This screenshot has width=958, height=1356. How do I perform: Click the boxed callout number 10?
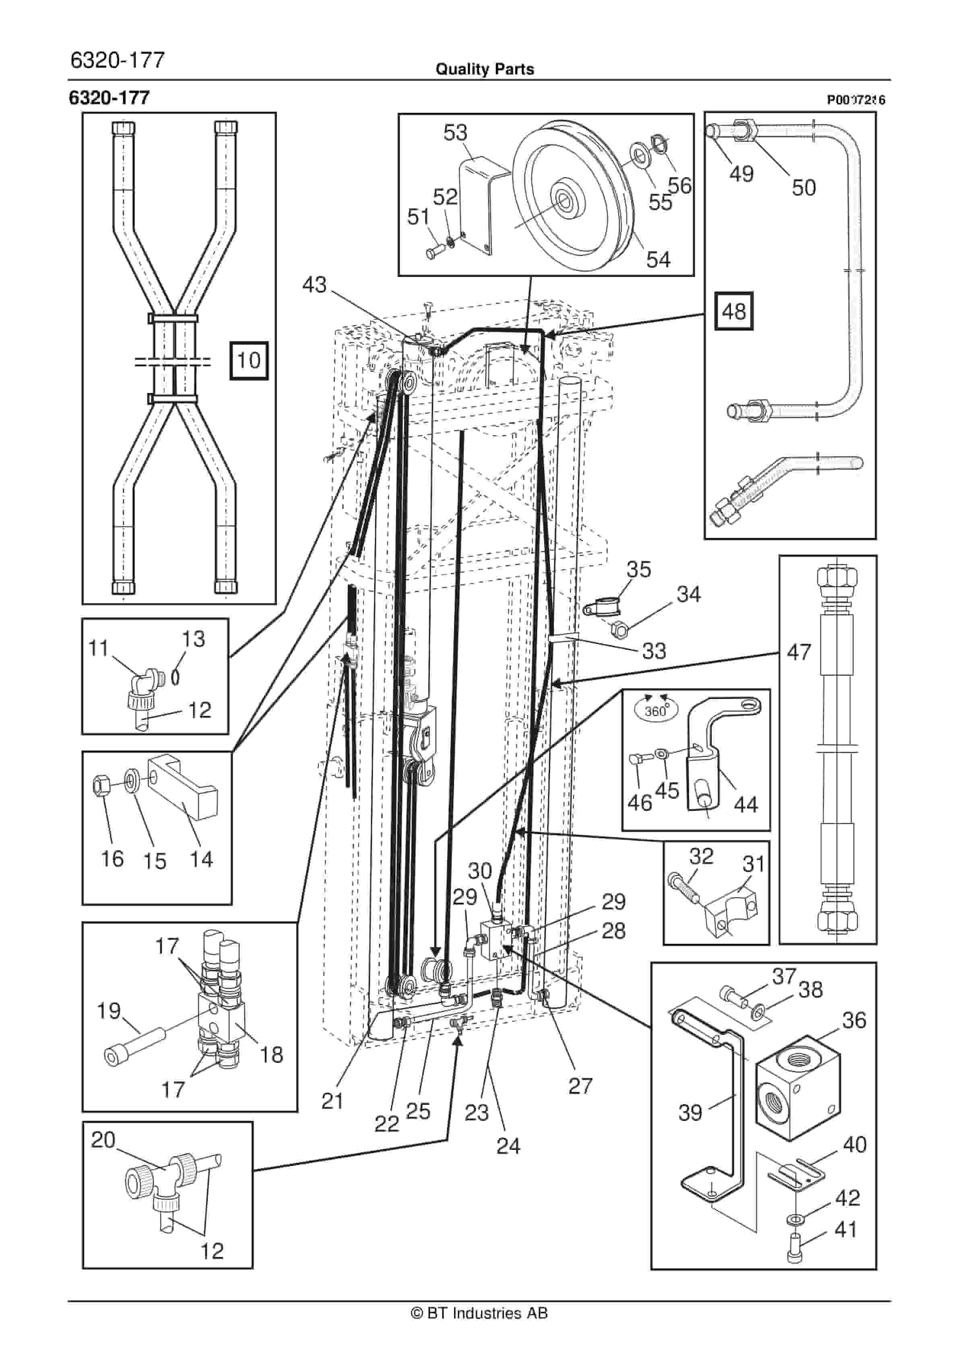pyautogui.click(x=249, y=360)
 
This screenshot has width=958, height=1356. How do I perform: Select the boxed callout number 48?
pyautogui.click(x=733, y=311)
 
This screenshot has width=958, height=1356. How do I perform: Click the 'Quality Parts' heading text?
pyautogui.click(x=484, y=69)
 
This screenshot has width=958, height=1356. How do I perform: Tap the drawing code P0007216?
pyautogui.click(x=855, y=100)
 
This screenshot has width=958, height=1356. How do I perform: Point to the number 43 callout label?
pyautogui.click(x=314, y=285)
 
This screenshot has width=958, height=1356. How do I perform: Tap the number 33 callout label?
pyautogui.click(x=654, y=651)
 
